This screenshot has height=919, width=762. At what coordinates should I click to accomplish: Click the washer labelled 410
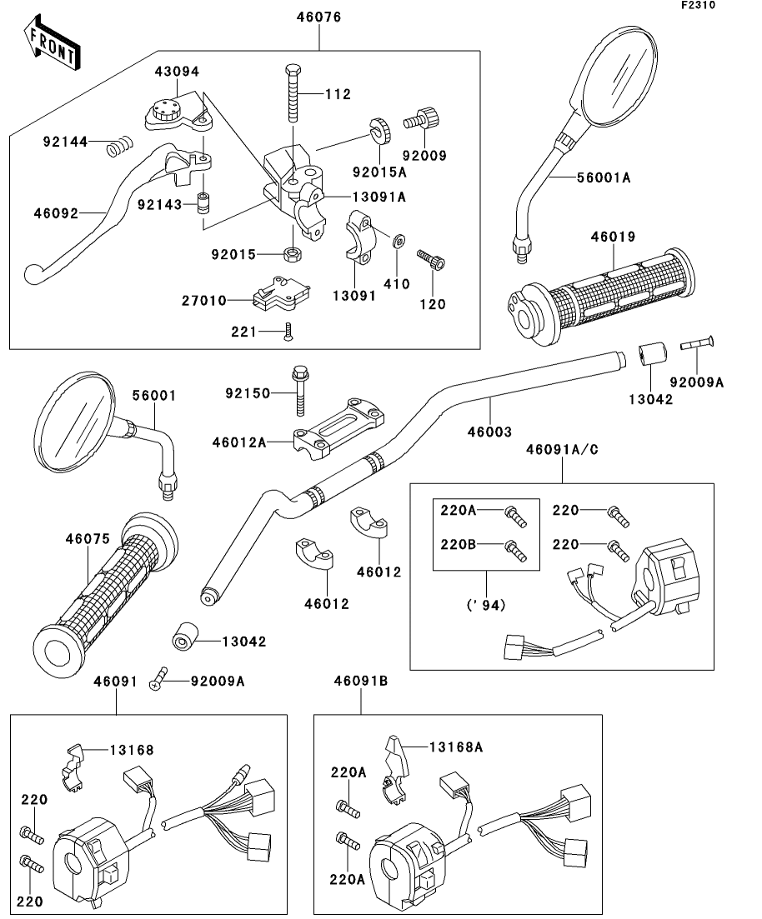click(x=399, y=242)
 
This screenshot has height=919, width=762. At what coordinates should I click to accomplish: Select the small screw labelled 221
click(x=288, y=332)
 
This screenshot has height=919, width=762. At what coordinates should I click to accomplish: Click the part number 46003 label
click(x=489, y=432)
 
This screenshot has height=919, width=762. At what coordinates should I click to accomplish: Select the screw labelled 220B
click(x=515, y=551)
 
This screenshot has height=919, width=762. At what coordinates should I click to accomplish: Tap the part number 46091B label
click(x=361, y=682)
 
